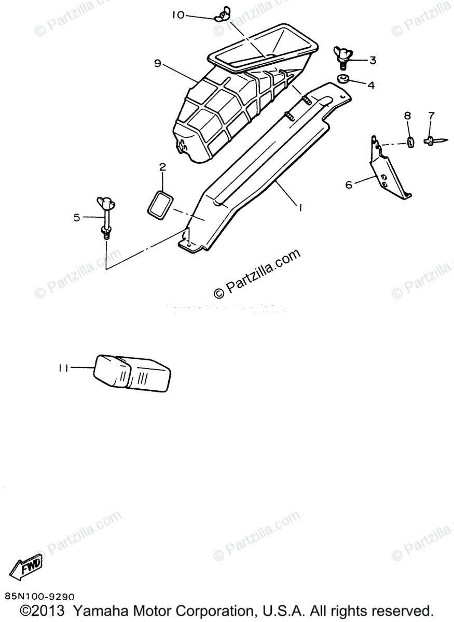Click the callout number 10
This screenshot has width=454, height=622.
[x=178, y=16]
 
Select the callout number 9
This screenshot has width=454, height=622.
[x=157, y=63]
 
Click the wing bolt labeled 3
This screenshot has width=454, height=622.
[x=343, y=58]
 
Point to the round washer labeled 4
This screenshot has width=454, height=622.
[x=342, y=79]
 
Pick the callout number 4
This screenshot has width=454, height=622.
[x=370, y=85]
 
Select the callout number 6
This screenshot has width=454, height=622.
[x=349, y=184]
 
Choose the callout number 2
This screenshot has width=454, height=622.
[x=162, y=167]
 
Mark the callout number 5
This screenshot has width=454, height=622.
[x=77, y=218]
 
